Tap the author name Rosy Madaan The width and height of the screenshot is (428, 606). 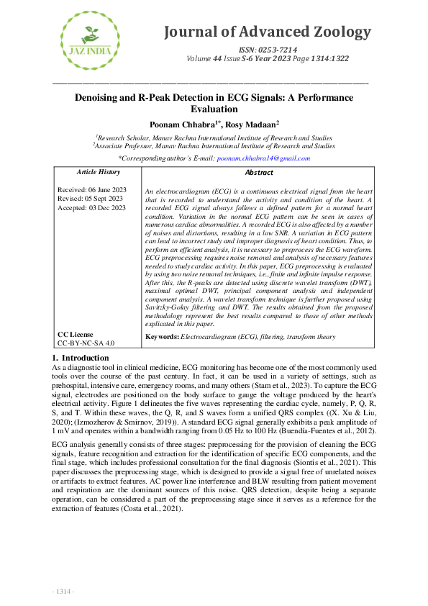click(x=254, y=124)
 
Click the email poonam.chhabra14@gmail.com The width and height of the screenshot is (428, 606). click(x=263, y=158)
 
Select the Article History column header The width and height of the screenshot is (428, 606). click(x=98, y=173)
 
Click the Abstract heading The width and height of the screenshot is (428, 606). click(x=259, y=173)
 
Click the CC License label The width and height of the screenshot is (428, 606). click(x=76, y=335)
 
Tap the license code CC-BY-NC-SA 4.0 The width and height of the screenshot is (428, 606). click(x=86, y=344)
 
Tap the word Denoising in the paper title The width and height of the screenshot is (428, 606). click(x=99, y=97)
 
